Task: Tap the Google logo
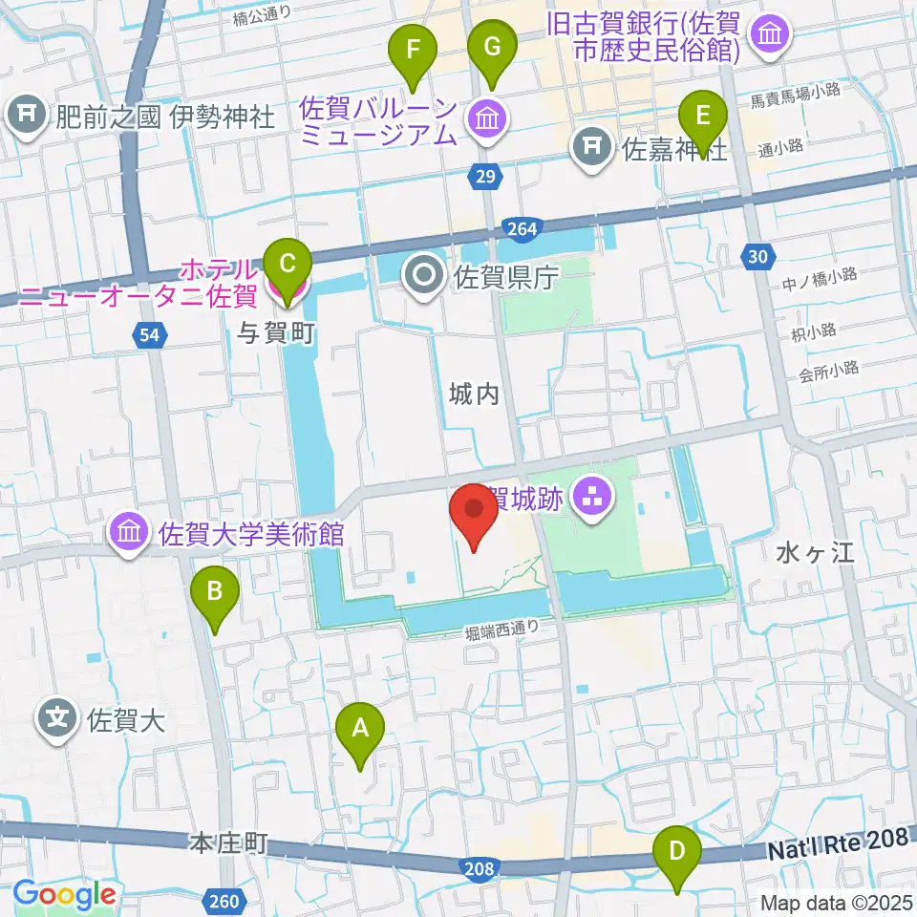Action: [x=64, y=895]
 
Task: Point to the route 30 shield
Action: [x=757, y=255]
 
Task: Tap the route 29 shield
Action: [x=485, y=174]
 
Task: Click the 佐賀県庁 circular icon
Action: [x=422, y=277]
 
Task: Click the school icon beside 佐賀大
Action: [x=58, y=716]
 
